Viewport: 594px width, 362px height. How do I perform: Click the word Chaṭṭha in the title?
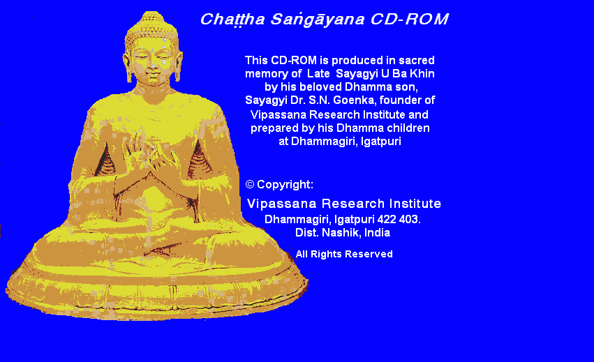232,20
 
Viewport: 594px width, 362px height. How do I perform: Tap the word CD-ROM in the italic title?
409,19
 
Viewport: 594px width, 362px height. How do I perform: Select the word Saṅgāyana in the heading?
318,20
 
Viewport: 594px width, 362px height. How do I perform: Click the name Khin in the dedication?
422,73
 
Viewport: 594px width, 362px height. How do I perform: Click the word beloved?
321,86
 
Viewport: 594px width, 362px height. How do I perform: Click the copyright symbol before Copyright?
250,184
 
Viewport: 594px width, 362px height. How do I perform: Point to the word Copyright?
285,185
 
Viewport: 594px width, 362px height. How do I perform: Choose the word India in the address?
377,232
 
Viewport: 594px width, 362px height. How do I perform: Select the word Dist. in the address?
307,232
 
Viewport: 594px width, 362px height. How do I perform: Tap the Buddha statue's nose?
152,64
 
